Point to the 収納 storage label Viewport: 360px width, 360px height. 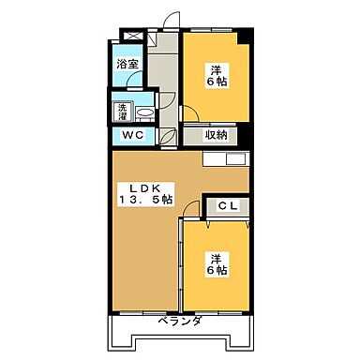216,135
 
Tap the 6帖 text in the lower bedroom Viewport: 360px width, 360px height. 216,272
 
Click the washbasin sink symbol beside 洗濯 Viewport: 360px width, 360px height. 144,112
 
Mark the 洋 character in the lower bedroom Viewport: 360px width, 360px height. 216,258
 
